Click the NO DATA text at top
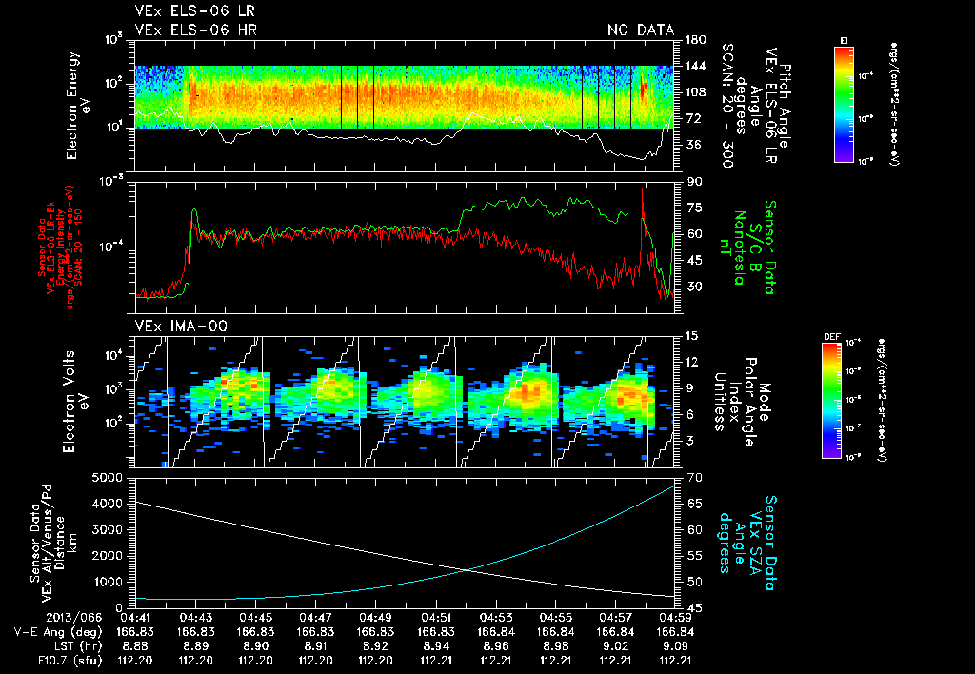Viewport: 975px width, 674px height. (641, 30)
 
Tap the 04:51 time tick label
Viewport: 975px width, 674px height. (435, 617)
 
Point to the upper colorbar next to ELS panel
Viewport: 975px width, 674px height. (844, 101)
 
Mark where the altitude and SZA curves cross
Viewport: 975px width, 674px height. (468, 570)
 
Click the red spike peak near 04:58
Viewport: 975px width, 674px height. (643, 188)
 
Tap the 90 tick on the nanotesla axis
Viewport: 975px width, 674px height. (692, 181)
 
